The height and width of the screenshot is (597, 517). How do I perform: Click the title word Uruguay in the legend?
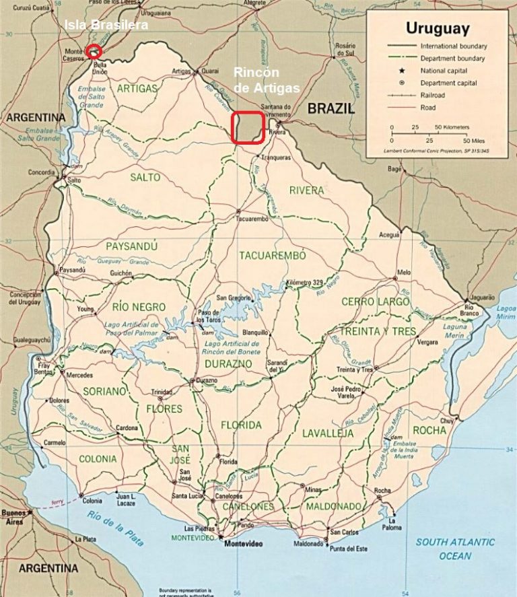[437, 29]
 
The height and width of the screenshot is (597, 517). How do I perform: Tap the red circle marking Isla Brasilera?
[94, 50]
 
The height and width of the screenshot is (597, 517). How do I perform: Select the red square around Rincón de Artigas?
[247, 127]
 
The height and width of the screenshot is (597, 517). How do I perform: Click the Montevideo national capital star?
[220, 536]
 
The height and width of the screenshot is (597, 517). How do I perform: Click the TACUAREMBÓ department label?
[273, 256]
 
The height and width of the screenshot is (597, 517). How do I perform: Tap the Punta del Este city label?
[349, 549]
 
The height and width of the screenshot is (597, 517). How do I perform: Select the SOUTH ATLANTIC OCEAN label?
[454, 549]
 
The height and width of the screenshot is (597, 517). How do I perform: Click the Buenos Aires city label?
[15, 517]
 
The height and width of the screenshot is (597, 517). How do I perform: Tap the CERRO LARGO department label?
[376, 302]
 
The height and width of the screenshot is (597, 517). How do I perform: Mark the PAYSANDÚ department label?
[132, 246]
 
